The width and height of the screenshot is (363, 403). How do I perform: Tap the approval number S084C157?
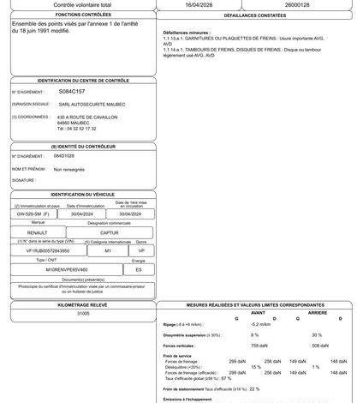click(72, 89)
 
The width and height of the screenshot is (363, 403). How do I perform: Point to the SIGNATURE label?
click(23, 181)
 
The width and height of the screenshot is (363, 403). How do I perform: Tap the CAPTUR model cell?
click(110, 232)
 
